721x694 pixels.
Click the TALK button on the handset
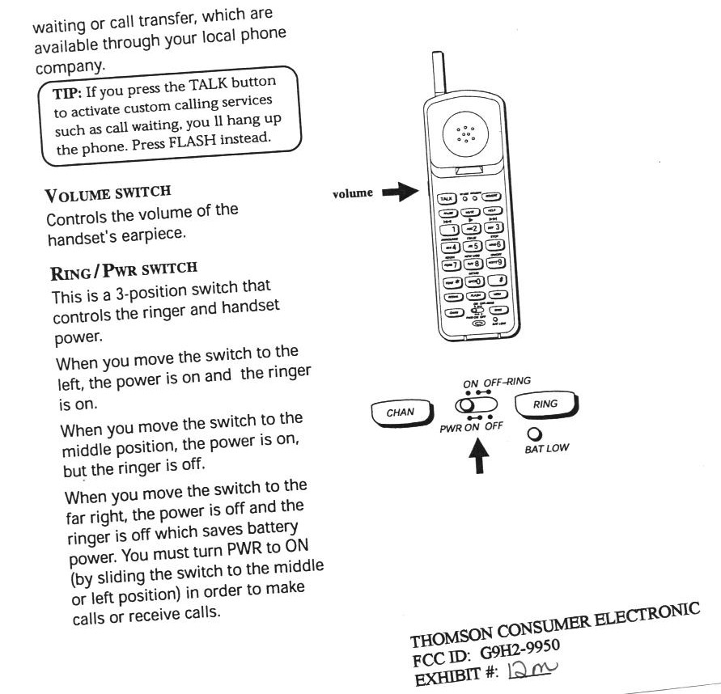click(x=446, y=197)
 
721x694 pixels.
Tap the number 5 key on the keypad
click(x=471, y=245)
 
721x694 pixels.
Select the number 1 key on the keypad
click(x=450, y=229)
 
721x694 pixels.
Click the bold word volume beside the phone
click(x=353, y=193)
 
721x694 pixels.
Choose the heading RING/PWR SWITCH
click(x=108, y=268)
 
